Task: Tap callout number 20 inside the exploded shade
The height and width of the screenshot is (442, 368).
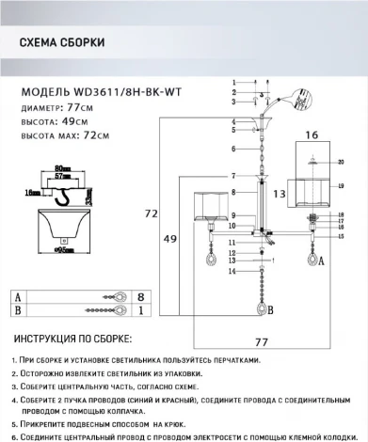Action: coord(339,163)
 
